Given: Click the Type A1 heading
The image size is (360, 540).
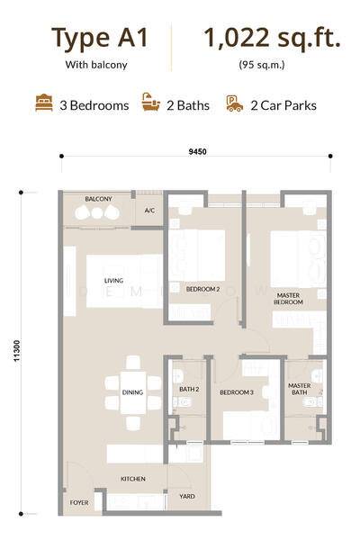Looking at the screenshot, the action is tap(100, 39).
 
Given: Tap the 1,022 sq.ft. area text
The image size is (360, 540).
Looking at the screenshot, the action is tap(272, 38).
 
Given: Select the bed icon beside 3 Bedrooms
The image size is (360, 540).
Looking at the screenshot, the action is tap(44, 103).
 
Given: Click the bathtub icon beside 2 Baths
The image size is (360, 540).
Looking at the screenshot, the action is tap(151, 102).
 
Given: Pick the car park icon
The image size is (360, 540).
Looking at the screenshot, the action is tap(235, 103).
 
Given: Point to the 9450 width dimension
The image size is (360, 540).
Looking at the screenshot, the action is tap(198, 151).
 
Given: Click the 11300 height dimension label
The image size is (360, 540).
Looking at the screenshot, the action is tap(17, 351).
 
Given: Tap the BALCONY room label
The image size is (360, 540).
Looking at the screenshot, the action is tap(98, 199).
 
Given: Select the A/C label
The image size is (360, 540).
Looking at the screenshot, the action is tap(149, 210).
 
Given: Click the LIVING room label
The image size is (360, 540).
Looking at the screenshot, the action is tap(113, 281).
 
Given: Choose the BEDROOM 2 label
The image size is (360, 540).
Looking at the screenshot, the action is tap(202, 289).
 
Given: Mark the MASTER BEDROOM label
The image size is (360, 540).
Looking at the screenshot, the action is tap(288, 299).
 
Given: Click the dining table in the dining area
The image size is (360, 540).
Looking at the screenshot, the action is tap(133, 392).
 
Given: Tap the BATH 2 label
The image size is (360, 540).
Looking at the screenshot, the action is tap(189, 389).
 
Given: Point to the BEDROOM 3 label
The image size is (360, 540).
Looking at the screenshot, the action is tap(237, 392).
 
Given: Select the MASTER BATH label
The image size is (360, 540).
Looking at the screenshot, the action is tap(300, 389).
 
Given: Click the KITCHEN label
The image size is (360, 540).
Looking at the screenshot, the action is tap(133, 479).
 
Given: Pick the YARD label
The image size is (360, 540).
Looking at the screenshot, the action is tap(187, 496).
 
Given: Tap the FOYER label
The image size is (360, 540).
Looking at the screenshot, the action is tap(79, 503).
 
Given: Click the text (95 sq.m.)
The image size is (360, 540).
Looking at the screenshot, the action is tap(262, 65).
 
